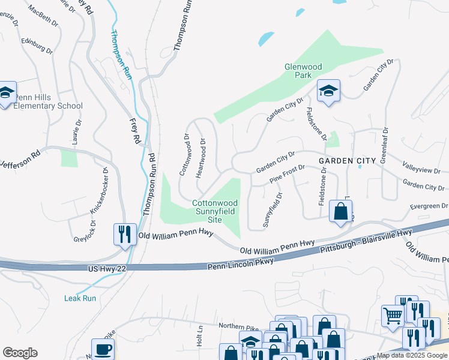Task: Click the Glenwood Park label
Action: [303, 71]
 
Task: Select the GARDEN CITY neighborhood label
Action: [347, 160]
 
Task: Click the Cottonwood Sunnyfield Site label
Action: [215, 211]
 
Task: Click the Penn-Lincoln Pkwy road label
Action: [240, 264]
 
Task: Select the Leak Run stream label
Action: [80, 298]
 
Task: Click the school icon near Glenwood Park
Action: [328, 92]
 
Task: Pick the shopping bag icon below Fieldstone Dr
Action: [340, 212]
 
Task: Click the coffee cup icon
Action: [103, 349]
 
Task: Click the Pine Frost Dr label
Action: [288, 174]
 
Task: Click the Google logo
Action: [20, 353]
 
